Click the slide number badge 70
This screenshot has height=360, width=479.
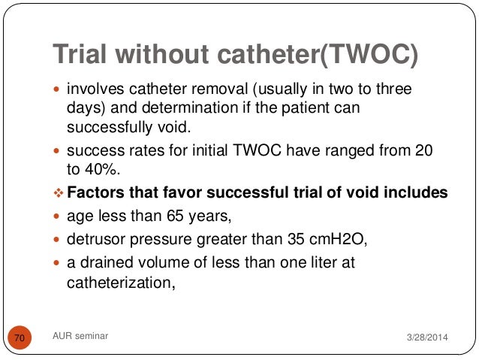(x=20, y=339)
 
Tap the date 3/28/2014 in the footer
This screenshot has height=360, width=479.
(x=425, y=339)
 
